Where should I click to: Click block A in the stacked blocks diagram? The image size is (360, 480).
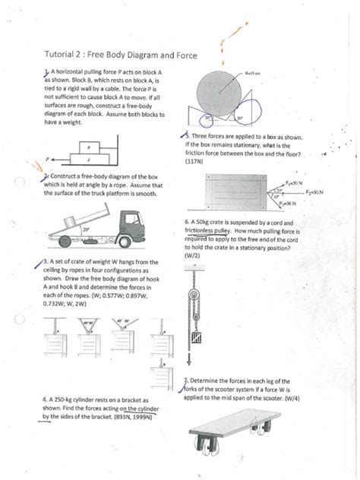[x=90, y=160]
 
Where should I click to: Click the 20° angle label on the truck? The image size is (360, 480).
[x=65, y=229]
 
